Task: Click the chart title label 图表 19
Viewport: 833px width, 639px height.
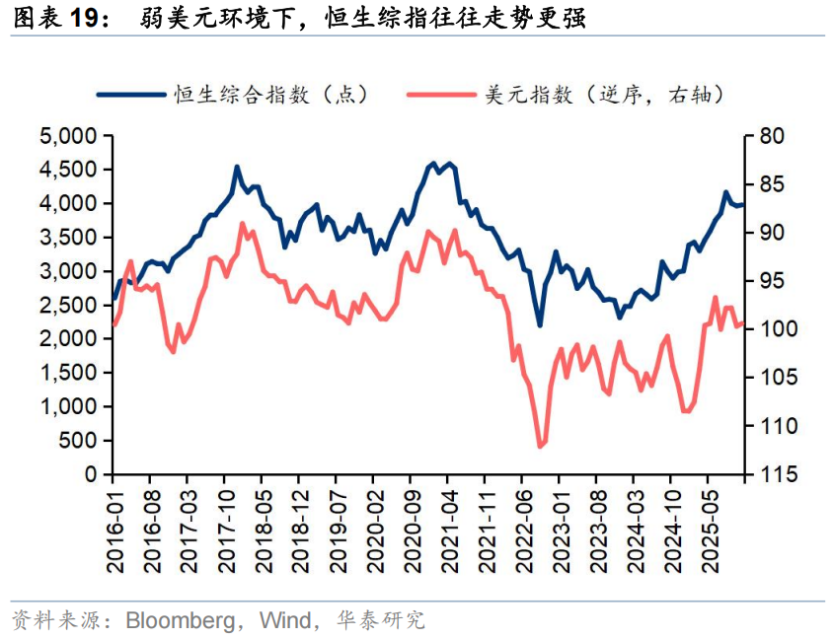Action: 60,19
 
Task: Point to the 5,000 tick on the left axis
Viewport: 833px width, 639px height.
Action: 70,136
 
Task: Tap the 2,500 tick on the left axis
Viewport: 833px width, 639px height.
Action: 70,305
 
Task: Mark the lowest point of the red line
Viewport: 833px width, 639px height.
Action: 540,447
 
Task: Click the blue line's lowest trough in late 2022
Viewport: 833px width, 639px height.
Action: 540,325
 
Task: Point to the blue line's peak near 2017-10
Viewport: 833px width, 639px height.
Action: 237,167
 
